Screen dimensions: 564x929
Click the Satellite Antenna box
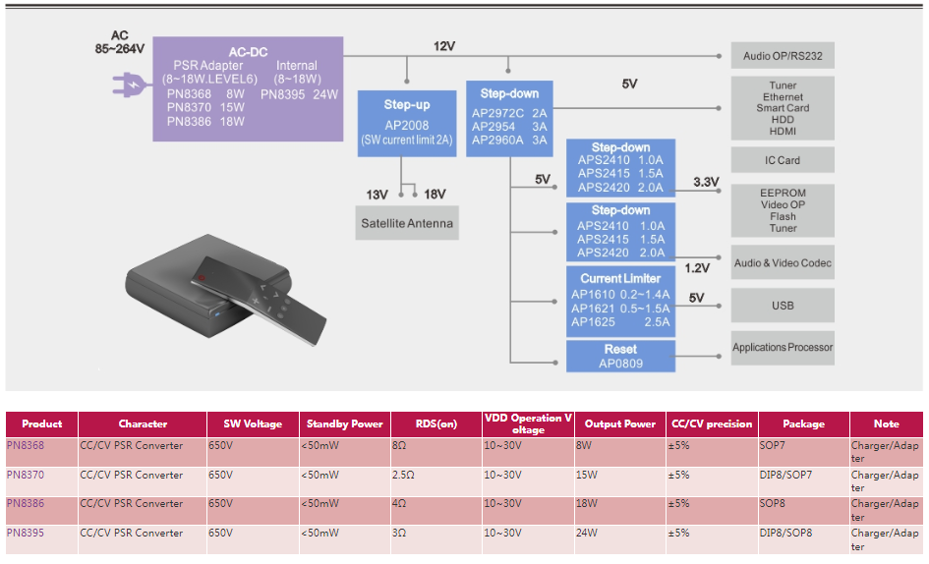click(407, 224)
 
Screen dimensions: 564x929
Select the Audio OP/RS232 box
click(783, 56)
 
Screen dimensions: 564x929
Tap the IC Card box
click(783, 160)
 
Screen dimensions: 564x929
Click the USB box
click(783, 306)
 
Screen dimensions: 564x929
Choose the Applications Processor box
click(783, 347)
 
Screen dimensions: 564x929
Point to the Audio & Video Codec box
click(783, 263)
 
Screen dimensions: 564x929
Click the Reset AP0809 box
click(620, 356)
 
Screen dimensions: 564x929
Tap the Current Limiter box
click(620, 301)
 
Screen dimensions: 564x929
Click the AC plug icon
click(130, 85)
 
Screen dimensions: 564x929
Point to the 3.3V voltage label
click(706, 182)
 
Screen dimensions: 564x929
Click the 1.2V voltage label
click(697, 267)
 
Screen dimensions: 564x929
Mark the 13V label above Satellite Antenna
click(377, 195)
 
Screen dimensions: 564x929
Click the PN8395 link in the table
click(26, 533)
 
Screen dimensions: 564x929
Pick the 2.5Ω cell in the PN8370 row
click(403, 475)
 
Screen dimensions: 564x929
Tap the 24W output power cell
click(586, 533)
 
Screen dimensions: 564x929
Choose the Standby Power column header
click(344, 424)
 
